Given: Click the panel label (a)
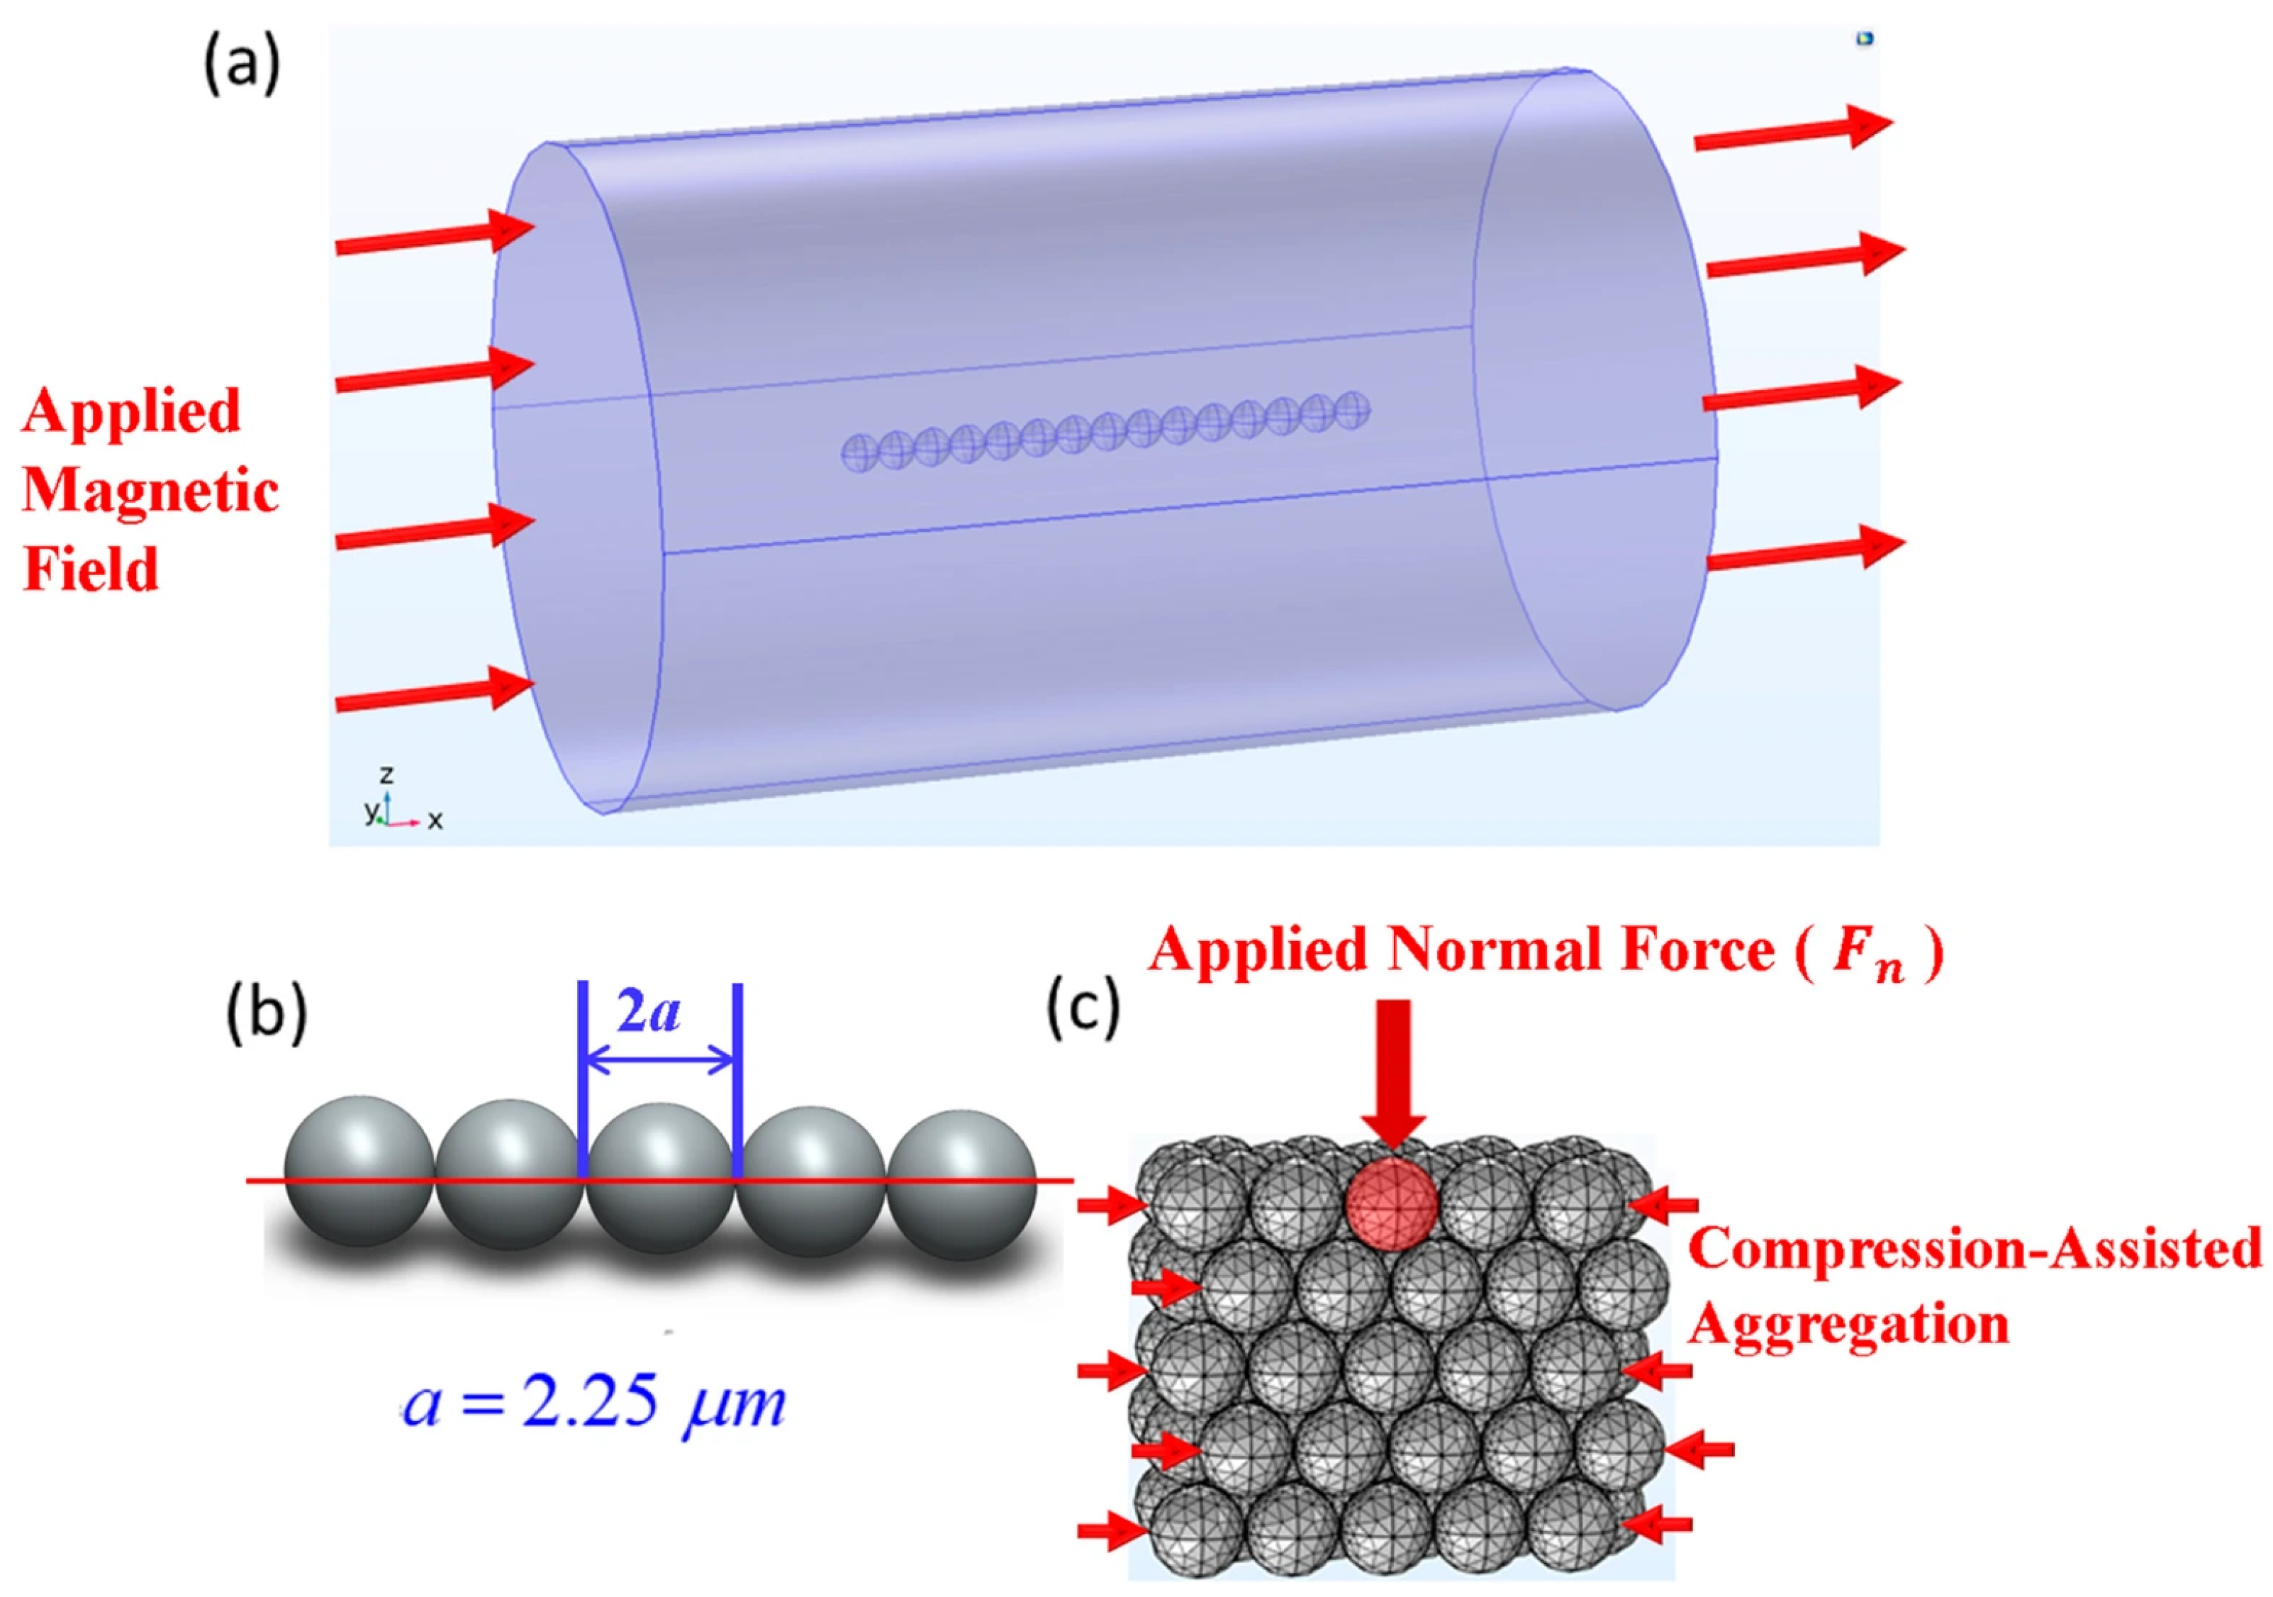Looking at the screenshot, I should click(242, 67).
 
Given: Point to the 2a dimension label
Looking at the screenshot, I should click(649, 1012).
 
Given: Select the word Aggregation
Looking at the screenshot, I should click(1848, 1325).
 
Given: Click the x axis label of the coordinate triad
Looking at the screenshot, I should click(435, 820).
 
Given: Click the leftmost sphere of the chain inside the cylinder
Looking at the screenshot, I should click(859, 452).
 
